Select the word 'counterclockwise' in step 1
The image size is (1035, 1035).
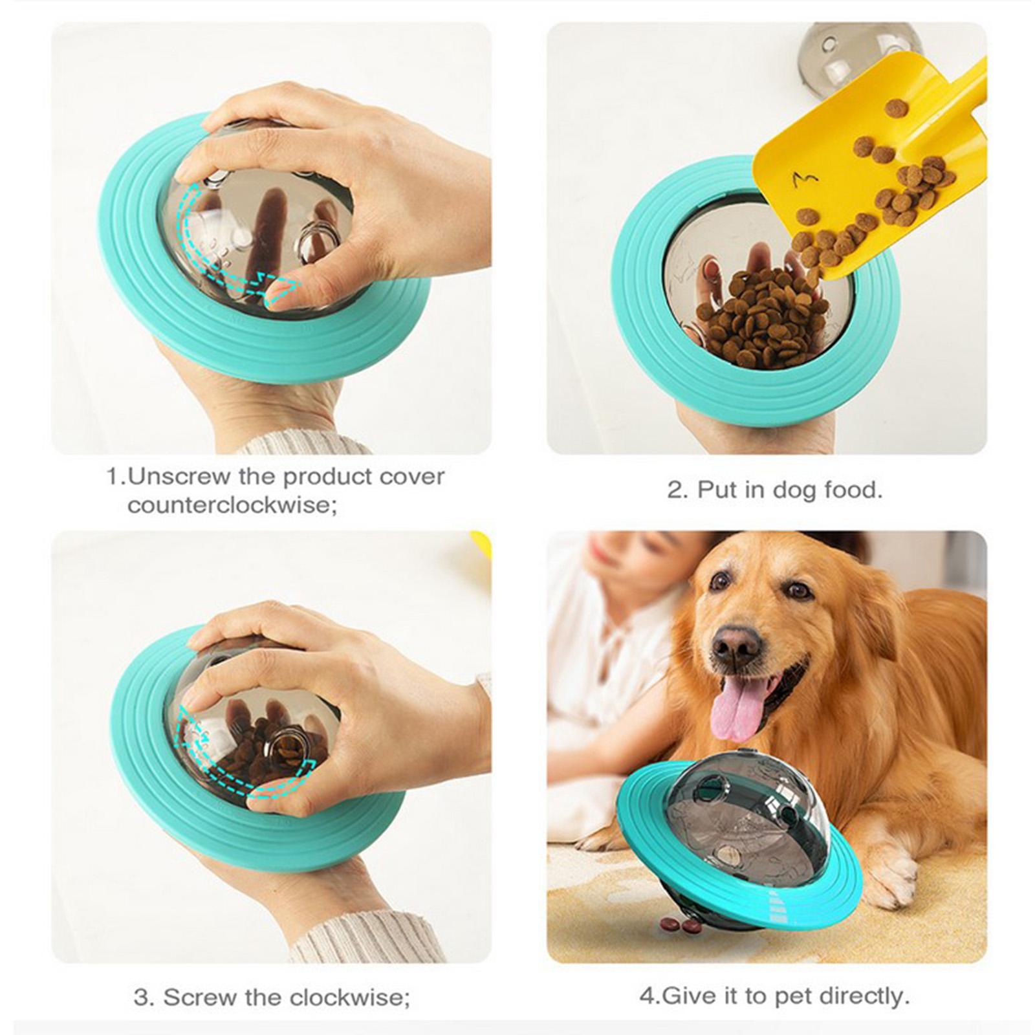[x=232, y=505]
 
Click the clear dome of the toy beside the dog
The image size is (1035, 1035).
[x=750, y=802]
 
